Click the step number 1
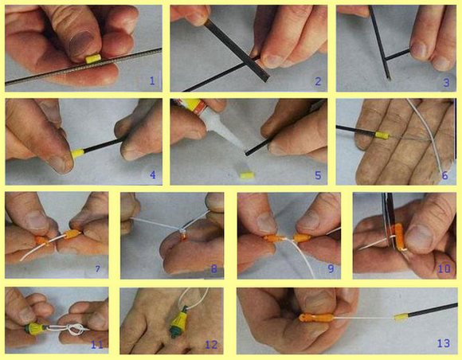click(152, 80)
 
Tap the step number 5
click(318, 175)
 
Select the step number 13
click(444, 343)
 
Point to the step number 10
click(444, 268)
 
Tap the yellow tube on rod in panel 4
click(78, 154)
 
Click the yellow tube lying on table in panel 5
click(247, 175)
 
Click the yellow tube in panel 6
click(382, 135)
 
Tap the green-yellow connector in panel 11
click(35, 328)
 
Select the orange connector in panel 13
click(316, 318)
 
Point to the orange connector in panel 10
click(398, 237)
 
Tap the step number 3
click(447, 82)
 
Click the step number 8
click(214, 268)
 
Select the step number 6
click(445, 175)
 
